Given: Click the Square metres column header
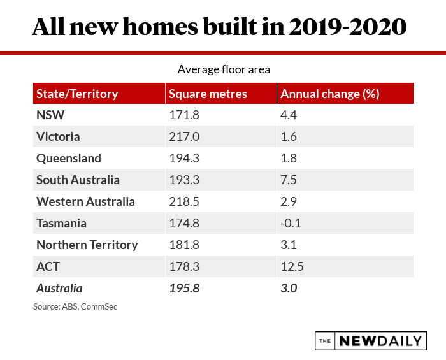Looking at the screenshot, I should coord(208,94).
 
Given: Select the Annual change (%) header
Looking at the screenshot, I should coord(330,94).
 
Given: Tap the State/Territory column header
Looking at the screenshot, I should coord(77,94).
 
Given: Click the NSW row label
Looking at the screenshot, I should coord(51,115).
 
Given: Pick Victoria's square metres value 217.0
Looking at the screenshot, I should coord(182,137).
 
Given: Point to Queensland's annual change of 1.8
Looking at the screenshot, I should coord(289,159).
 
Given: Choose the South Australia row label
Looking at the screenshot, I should coord(78,180).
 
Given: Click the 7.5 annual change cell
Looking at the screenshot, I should coord(289,180).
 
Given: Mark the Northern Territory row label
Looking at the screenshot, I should coord(87,245).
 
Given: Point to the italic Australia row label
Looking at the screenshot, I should coord(59,289).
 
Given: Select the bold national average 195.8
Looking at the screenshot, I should coord(184,289).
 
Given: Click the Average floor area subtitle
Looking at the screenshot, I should coord(224,69).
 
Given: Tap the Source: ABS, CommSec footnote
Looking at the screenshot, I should coord(75,307).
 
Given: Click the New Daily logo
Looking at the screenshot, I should coord(371,341).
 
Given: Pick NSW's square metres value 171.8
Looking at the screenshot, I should coord(182,115).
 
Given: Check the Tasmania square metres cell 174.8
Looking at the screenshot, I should coord(182,224).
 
